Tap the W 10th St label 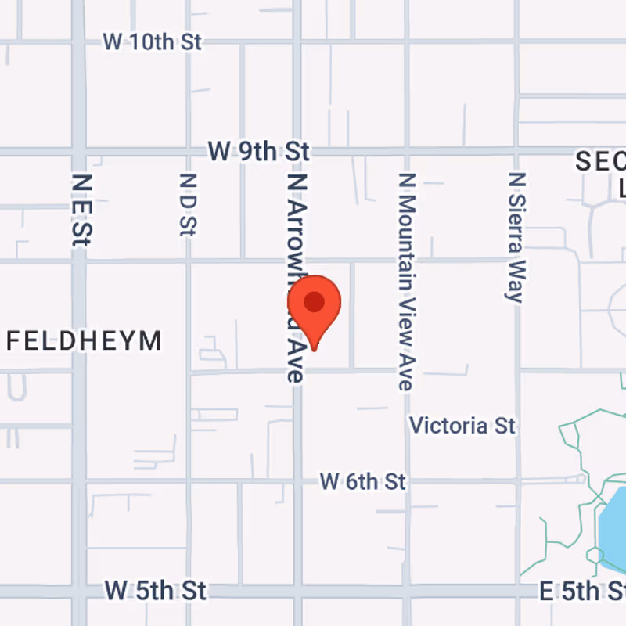click(153, 42)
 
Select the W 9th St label click(258, 150)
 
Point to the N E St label click(81, 210)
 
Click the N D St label click(186, 205)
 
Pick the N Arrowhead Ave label click(295, 278)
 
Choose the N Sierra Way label click(515, 236)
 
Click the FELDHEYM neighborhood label click(84, 341)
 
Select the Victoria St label click(462, 426)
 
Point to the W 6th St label click(362, 481)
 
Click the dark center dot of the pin click(315, 302)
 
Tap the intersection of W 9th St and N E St click(78, 150)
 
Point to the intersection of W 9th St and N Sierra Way click(516, 150)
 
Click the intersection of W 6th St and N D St click(188, 480)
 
